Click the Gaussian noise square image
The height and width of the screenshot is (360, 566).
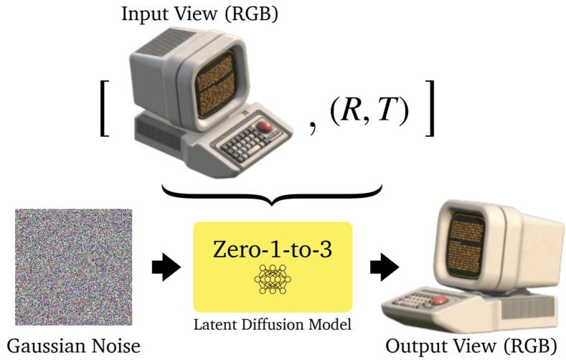(x=72, y=267)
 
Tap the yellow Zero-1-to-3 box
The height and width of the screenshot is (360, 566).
(x=273, y=265)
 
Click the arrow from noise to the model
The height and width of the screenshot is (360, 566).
(x=167, y=267)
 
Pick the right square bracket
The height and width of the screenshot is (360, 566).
(x=429, y=108)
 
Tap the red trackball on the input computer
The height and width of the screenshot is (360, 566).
(x=265, y=127)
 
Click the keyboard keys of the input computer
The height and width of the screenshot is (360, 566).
(x=237, y=144)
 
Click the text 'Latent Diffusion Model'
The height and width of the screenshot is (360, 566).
(x=273, y=324)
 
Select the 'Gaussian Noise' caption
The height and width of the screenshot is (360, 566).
(x=72, y=347)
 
